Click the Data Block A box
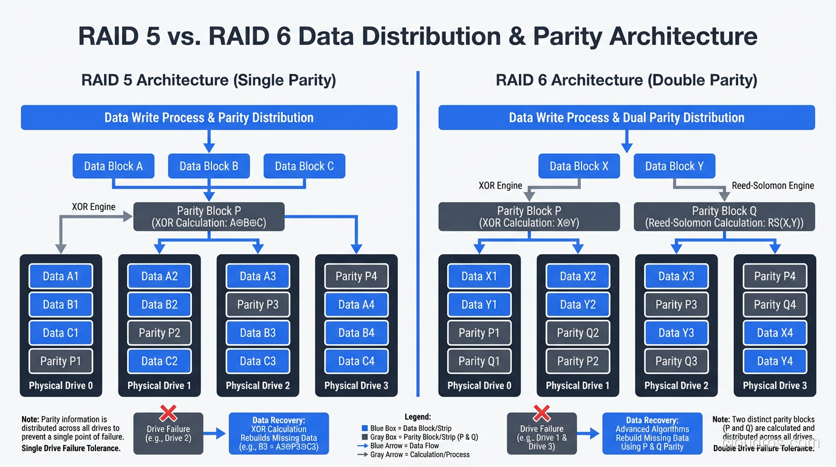pos(113,166)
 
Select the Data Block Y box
pos(674,166)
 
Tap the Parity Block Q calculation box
pos(724,217)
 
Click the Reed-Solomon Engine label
pos(773,185)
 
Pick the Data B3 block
pos(258,333)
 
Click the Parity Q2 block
pos(578,333)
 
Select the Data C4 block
pos(356,361)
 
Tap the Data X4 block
pos(775,333)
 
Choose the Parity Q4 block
pos(775,305)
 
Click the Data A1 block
pos(61,276)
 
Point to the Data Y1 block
pos(479,305)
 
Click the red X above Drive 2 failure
pos(168,414)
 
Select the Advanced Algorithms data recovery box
pos(652,433)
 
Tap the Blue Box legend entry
pos(406,429)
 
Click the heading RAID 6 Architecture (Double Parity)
pos(626,80)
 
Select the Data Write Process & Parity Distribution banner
pos(209,117)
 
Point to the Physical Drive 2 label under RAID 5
pos(258,386)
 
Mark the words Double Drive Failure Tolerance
pos(764,448)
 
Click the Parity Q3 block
pos(676,361)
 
